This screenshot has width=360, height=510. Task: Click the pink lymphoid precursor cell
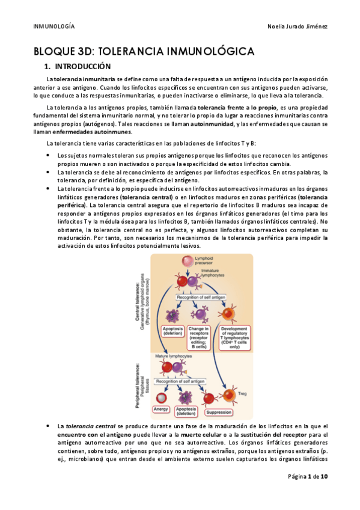[x=187, y=261]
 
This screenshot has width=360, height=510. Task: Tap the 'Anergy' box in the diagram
[x=162, y=409]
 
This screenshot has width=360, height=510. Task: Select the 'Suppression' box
[x=218, y=413]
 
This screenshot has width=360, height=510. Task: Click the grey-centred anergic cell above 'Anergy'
[x=161, y=398]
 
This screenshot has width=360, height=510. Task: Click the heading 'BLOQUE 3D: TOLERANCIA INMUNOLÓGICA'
[x=144, y=51]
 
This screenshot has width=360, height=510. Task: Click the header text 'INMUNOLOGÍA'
[x=53, y=26]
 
